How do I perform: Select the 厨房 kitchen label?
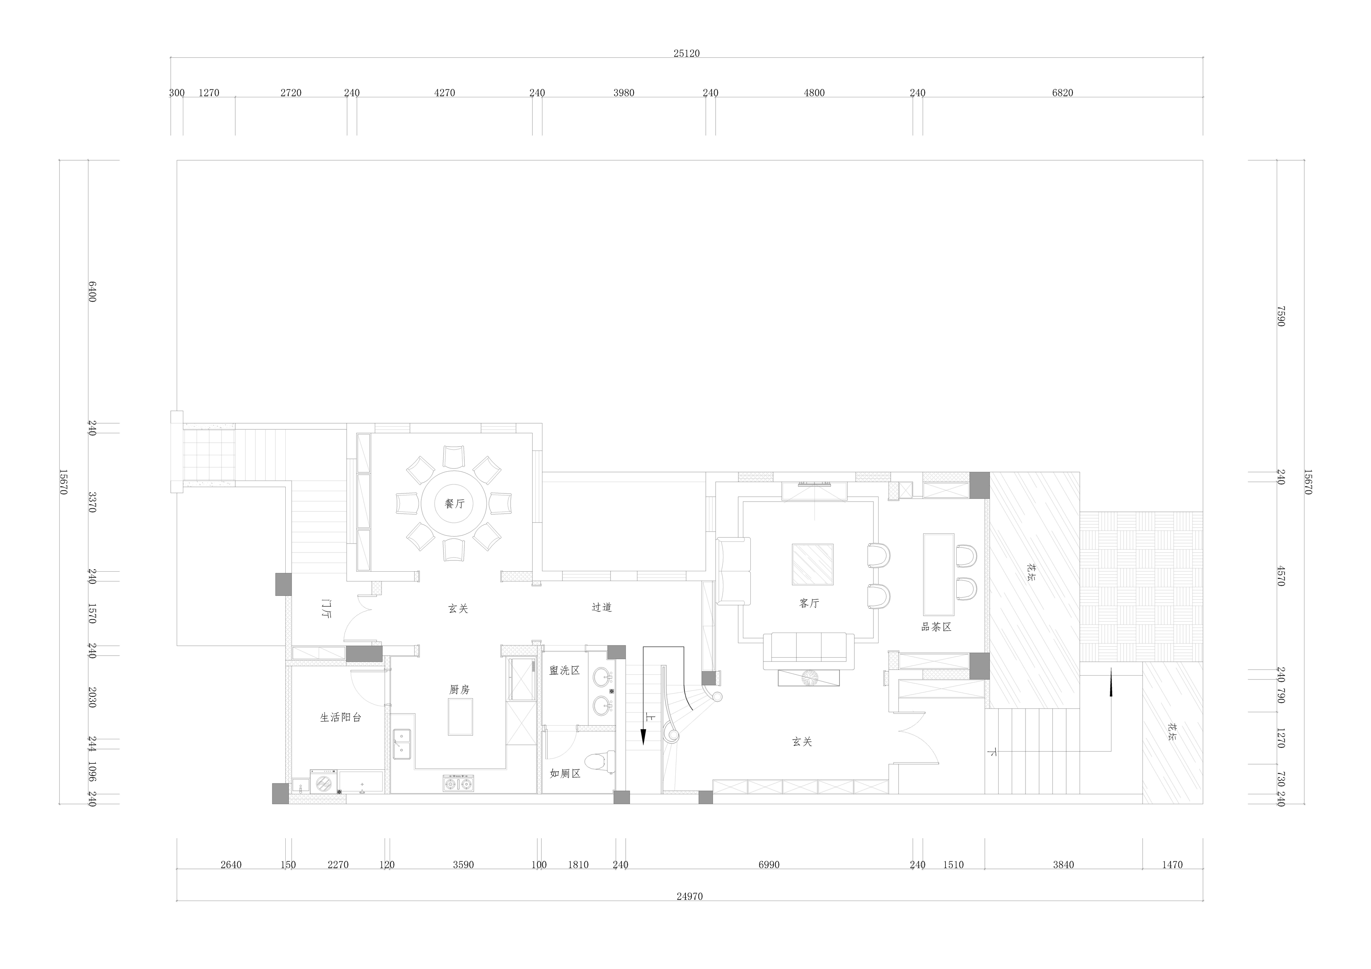[x=459, y=690]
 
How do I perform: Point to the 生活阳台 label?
[x=340, y=718]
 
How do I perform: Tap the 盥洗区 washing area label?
[x=564, y=670]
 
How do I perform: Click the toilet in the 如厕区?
[x=599, y=762]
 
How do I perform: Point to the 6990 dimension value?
[x=769, y=865]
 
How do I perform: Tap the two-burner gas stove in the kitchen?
[x=458, y=783]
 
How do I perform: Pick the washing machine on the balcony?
[x=323, y=781]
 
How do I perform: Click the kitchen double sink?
[x=402, y=743]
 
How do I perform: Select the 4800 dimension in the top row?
[x=814, y=93]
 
